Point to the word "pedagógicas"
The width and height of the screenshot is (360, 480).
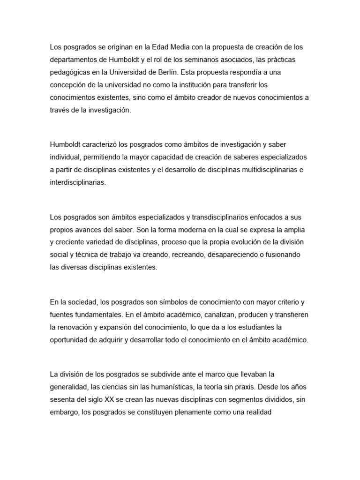coord(71,73)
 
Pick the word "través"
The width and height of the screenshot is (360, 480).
coord(60,111)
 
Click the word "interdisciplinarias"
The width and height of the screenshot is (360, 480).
coord(78,182)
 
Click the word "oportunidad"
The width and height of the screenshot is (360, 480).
coord(71,339)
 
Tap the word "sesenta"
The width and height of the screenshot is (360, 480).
coord(63,399)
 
